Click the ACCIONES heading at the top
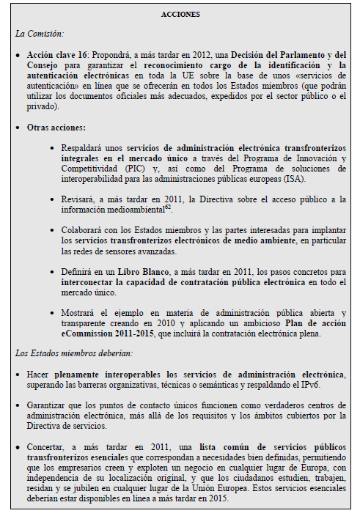coord(180,14)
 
